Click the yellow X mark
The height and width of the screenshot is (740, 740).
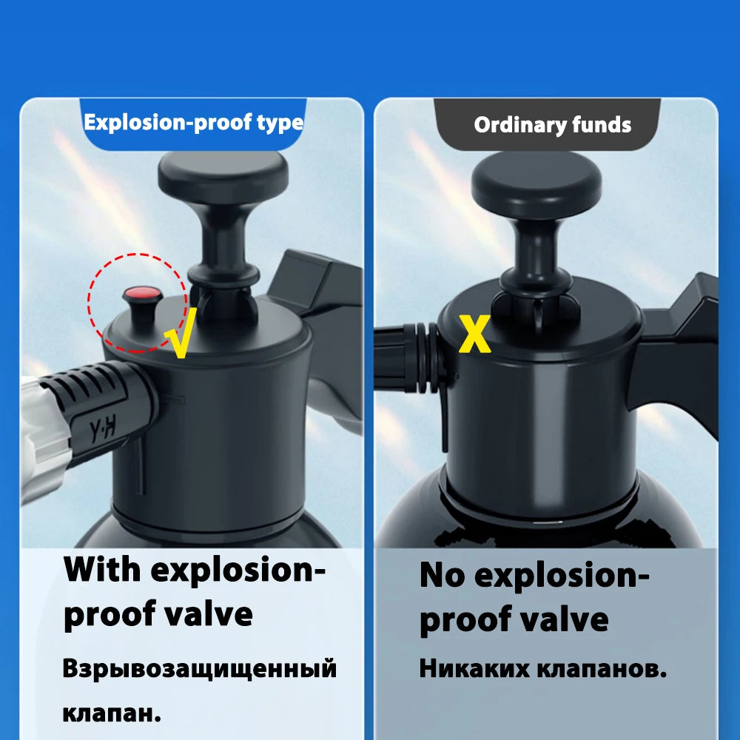click(475, 334)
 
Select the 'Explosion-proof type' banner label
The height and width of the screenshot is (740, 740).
click(193, 123)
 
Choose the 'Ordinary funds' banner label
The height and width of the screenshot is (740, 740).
click(552, 125)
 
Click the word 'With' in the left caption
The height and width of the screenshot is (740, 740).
click(102, 570)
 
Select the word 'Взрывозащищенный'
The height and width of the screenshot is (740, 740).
click(200, 668)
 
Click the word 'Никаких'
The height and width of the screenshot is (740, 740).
click(474, 668)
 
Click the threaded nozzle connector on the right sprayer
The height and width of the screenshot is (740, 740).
click(410, 357)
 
